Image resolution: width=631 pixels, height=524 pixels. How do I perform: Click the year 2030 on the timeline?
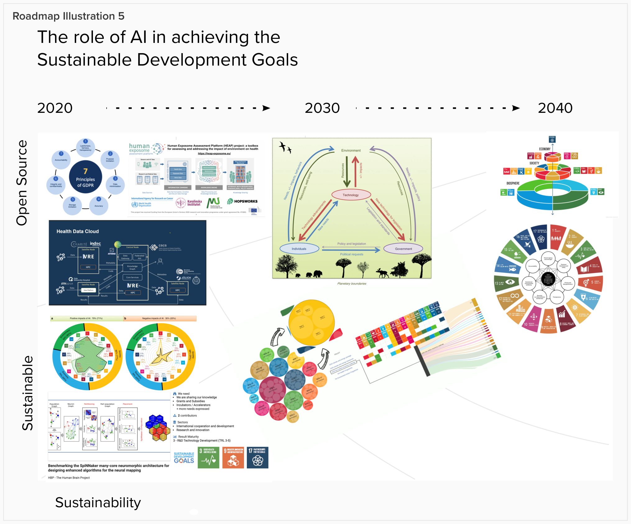coord(322,108)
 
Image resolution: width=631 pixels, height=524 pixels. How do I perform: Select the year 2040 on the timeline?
coord(555,108)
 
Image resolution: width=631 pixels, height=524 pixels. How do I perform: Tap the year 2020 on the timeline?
coord(55,108)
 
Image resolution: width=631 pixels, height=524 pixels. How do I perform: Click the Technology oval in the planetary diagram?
coord(351,195)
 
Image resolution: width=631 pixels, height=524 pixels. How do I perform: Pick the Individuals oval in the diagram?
coord(299,249)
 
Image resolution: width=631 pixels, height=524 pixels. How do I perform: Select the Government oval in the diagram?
coord(403,249)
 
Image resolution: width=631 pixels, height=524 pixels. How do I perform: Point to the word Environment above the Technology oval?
coord(351,150)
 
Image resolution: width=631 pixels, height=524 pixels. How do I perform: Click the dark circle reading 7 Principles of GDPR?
coord(85,177)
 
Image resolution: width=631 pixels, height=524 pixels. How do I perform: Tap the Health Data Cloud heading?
coord(78,231)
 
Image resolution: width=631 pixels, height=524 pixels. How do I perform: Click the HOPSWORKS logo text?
coord(246,201)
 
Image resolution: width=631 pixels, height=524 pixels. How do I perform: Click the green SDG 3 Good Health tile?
coord(208,457)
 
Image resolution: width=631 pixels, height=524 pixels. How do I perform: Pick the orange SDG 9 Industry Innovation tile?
coord(233,457)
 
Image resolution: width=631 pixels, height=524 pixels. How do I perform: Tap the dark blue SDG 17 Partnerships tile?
coord(257,457)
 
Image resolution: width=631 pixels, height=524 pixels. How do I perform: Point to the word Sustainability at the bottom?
coord(98,503)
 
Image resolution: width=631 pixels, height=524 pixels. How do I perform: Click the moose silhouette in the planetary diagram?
coord(382,273)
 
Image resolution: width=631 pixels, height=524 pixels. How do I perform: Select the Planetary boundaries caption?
coord(352,283)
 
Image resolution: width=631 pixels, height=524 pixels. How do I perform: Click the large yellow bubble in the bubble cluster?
coord(311,322)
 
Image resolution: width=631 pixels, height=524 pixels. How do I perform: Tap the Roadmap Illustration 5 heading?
coord(68,16)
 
